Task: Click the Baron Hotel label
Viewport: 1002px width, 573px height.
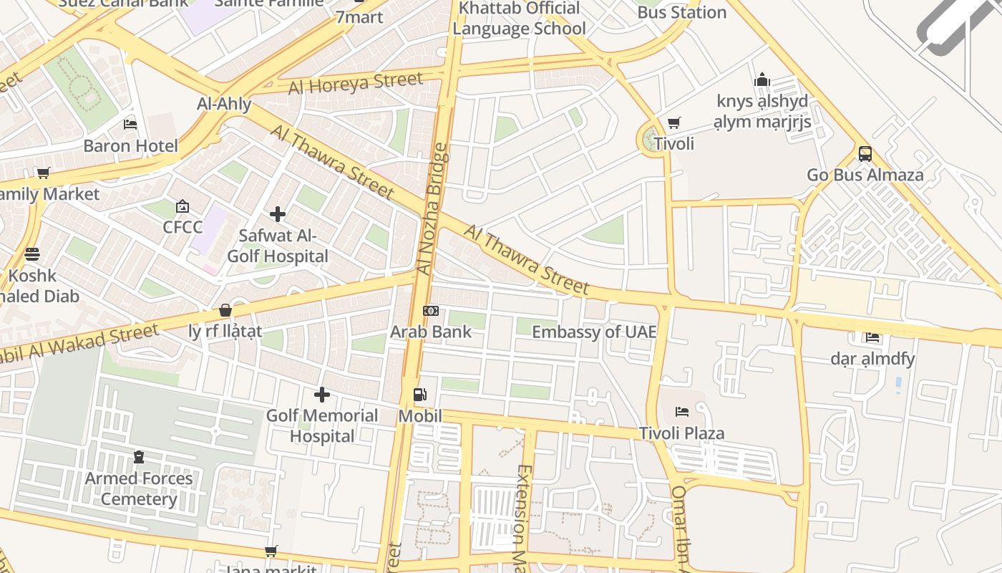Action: tap(130, 146)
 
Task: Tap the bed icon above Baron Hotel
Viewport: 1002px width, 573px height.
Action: tap(130, 125)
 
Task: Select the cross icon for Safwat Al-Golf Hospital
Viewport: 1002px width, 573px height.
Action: tap(278, 214)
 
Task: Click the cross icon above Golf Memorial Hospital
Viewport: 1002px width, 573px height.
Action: tap(322, 394)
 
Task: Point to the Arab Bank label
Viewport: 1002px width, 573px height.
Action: tap(431, 332)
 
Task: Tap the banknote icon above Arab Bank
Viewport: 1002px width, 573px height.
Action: tap(431, 311)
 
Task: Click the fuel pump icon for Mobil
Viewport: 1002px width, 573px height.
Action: tap(420, 395)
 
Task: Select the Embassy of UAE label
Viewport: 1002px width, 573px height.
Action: tap(594, 332)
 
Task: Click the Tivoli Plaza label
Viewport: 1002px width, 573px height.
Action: tap(681, 433)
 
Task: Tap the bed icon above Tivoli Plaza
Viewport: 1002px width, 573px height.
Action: tap(682, 412)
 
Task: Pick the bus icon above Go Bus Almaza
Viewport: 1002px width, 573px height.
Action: tap(865, 153)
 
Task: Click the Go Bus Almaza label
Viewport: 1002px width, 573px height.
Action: tap(865, 175)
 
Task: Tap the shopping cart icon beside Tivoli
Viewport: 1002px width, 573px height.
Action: tap(673, 123)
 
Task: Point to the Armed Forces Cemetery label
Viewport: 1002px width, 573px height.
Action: tap(139, 488)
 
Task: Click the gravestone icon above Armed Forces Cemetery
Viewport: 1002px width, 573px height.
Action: tap(139, 457)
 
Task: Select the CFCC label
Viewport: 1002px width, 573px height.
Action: tap(183, 227)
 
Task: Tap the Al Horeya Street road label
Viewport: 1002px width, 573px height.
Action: tap(356, 84)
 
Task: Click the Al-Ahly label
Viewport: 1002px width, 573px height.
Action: tap(224, 105)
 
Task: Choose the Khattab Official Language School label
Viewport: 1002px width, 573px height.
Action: tap(519, 19)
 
